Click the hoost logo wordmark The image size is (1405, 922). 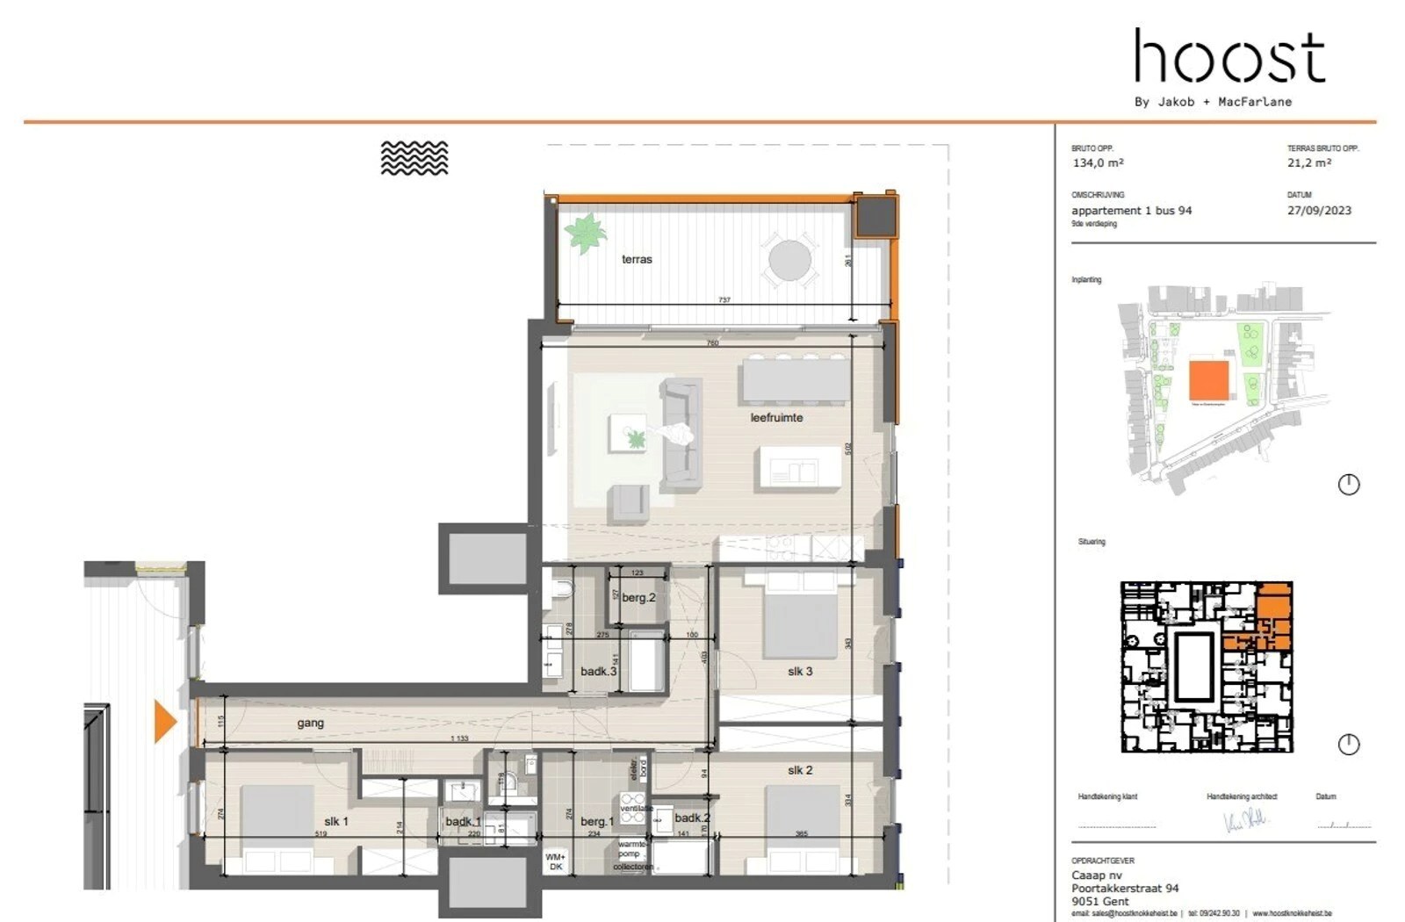(1229, 56)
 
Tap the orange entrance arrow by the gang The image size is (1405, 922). (165, 721)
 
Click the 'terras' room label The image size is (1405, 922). (637, 259)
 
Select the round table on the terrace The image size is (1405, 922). (789, 260)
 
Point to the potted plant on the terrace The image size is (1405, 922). (585, 234)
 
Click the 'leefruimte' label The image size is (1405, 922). (776, 417)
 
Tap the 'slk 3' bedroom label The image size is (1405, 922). (799, 671)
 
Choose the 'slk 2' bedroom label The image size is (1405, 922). (799, 770)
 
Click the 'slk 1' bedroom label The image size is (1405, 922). (335, 821)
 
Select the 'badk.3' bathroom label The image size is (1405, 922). (598, 671)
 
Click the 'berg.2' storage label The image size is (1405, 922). (638, 597)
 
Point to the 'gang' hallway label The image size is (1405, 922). (310, 723)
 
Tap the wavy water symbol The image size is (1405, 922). (414, 158)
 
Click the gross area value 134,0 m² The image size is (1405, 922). (1098, 162)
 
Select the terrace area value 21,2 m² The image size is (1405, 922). (1309, 162)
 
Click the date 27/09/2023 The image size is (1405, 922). (1319, 210)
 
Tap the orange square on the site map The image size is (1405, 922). (1208, 380)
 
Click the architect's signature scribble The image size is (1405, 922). (1245, 821)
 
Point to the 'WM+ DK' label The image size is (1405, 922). (555, 861)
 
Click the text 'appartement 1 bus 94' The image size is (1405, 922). (1131, 210)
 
